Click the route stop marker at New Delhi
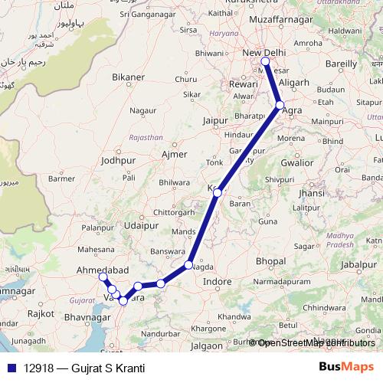pyautogui.click(x=265, y=61)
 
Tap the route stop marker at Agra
pyautogui.click(x=280, y=105)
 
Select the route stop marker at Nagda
pyautogui.click(x=188, y=266)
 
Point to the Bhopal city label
pyautogui.click(x=270, y=262)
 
